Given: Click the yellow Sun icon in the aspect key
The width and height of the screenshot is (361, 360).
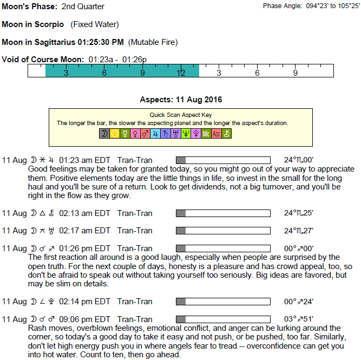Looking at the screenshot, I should pyautogui.click(x=115, y=134).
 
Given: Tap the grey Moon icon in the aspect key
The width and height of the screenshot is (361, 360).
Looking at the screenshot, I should pyautogui.click(x=104, y=134).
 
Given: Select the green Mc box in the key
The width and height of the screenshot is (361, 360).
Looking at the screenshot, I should pyautogui.click(x=206, y=134).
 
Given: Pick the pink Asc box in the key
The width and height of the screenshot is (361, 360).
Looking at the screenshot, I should pyautogui.click(x=216, y=134).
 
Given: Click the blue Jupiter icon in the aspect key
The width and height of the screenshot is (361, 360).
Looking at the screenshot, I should pyautogui.click(x=155, y=134).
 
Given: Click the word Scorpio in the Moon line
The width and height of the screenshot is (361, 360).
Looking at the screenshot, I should pyautogui.click(x=50, y=24).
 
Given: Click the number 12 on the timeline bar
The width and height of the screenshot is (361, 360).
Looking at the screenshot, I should pyautogui.click(x=181, y=73).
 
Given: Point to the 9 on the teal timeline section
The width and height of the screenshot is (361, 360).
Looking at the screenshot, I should pyautogui.click(x=142, y=73).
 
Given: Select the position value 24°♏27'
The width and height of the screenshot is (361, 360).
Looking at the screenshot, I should pyautogui.click(x=298, y=231).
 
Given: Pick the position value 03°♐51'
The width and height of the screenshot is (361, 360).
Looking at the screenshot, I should pyautogui.click(x=298, y=318).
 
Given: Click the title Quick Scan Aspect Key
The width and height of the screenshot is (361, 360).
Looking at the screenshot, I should pyautogui.click(x=181, y=115).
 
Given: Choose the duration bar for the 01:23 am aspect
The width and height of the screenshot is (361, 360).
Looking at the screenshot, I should pyautogui.click(x=224, y=160).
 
